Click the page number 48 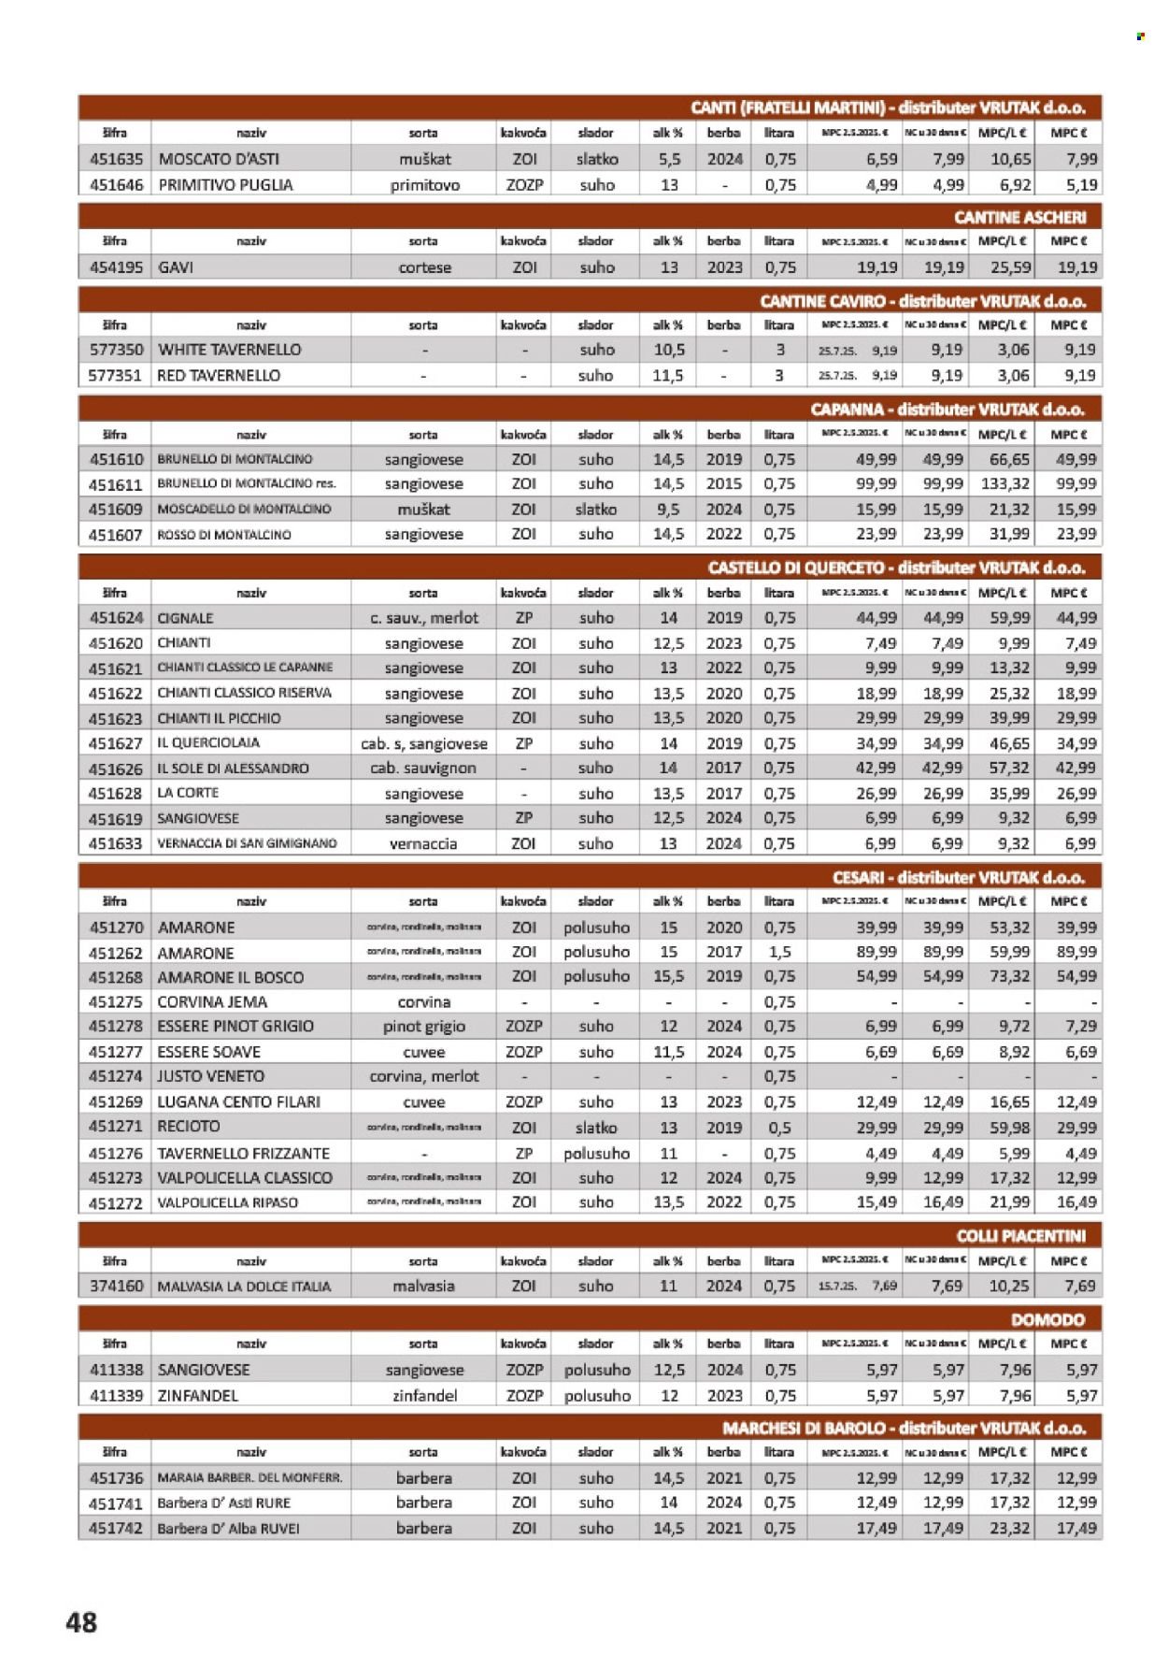coord(81,1621)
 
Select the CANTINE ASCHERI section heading coord(1019,217)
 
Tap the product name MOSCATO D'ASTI coord(219,159)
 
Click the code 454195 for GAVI coord(116,267)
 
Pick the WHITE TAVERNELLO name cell coord(230,350)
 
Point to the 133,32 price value coord(1004,484)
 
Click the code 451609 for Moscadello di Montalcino coord(116,510)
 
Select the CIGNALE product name coord(185,618)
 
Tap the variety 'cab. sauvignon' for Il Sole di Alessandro coord(423,769)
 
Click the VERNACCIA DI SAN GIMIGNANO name coord(247,843)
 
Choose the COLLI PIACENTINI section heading coord(1020,1236)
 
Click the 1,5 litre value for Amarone coord(779,952)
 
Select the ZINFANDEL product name coord(198,1395)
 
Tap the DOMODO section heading coord(1047,1319)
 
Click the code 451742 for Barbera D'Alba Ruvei coord(116,1529)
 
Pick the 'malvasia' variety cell coord(423,1287)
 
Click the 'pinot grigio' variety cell coord(423,1027)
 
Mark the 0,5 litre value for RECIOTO coord(779,1128)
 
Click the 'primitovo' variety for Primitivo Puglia coord(425,185)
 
